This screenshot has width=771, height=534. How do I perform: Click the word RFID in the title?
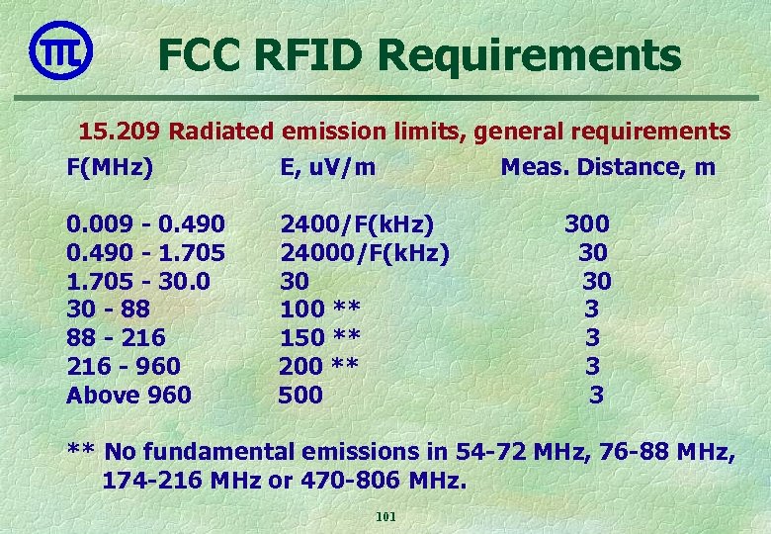(309, 55)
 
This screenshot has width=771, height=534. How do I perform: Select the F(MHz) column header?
(109, 167)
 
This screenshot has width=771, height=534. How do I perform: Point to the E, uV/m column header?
(327, 167)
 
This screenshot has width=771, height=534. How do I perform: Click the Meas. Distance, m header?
(607, 167)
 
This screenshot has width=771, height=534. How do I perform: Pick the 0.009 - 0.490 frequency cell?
(144, 223)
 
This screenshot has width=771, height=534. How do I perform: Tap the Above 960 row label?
(128, 396)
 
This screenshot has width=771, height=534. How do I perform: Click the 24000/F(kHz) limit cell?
(364, 252)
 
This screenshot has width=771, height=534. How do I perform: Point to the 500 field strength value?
(300, 396)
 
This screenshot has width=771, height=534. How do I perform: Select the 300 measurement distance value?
(586, 223)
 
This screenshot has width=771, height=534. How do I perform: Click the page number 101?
(385, 517)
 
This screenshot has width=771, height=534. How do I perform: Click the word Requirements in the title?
(530, 55)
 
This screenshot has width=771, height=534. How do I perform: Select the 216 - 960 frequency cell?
(123, 367)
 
